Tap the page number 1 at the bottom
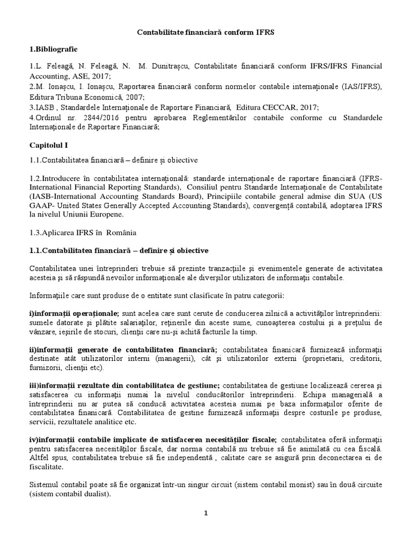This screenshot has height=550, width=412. [205, 513]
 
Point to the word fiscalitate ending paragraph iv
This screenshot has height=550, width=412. [48, 468]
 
